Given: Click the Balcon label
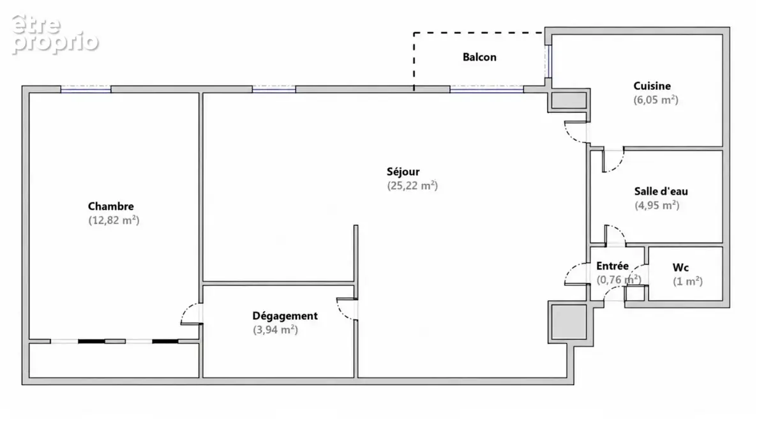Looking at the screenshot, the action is [479, 57].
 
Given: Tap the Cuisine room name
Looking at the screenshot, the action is [652, 86].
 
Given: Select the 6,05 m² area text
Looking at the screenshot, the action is [656, 100].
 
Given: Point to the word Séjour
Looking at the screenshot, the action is [403, 171].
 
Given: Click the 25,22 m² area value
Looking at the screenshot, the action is [412, 185].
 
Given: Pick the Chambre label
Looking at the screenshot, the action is [111, 206].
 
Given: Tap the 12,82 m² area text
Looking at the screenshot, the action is [114, 220].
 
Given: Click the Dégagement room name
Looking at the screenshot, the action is [285, 315].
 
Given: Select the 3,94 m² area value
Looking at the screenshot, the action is [275, 329].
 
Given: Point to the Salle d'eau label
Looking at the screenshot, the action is [661, 191].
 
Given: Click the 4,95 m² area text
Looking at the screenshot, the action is [657, 205].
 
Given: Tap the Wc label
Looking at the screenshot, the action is [680, 267].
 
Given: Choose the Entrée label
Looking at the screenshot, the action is [612, 266].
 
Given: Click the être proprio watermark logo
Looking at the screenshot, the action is [55, 34].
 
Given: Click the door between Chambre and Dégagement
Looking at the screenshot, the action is [191, 314].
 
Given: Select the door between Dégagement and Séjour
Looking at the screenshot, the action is [347, 309].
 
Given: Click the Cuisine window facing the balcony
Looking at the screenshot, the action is [548, 61].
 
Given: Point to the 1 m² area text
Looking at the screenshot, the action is [687, 281].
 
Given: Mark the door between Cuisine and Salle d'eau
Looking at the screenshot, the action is [613, 160].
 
